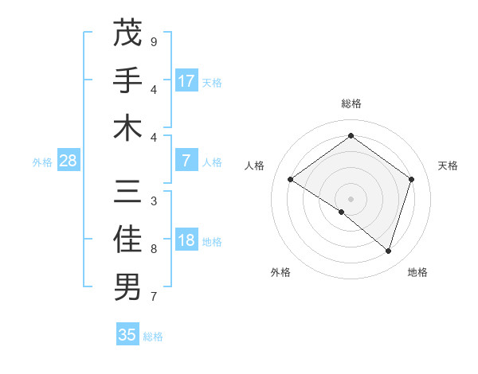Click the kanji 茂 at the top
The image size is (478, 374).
pyautogui.click(x=127, y=34)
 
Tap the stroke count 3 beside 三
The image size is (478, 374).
pyautogui.click(x=154, y=201)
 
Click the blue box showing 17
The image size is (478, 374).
pyautogui.click(x=186, y=81)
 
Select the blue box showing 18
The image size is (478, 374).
pyautogui.click(x=186, y=241)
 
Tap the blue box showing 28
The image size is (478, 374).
pyautogui.click(x=69, y=162)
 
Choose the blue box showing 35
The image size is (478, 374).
pyautogui.click(x=127, y=335)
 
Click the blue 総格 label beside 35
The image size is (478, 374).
pyautogui.click(x=154, y=337)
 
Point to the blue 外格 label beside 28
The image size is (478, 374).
pyautogui.click(x=42, y=162)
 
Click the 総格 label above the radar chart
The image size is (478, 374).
pyautogui.click(x=351, y=103)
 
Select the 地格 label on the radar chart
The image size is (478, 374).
pyautogui.click(x=417, y=272)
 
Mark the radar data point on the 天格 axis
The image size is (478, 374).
pyautogui.click(x=412, y=179)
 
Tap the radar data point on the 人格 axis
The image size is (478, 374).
pyautogui.click(x=290, y=179)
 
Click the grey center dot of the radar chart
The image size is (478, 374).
pyautogui.click(x=351, y=198)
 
